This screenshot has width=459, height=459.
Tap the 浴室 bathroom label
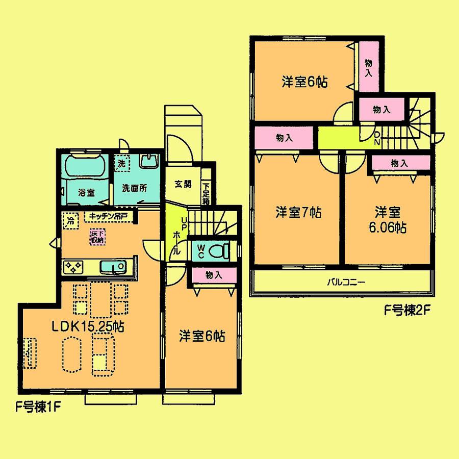tap(86, 193)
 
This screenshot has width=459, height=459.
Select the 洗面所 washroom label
tap(134, 187)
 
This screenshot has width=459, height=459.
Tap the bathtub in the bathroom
tap(85, 166)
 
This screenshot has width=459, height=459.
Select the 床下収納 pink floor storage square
tap(97, 236)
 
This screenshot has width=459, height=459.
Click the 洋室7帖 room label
tap(299, 213)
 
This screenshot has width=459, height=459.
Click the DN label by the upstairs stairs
tap(377, 138)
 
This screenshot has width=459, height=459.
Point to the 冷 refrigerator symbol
tap(69, 221)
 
